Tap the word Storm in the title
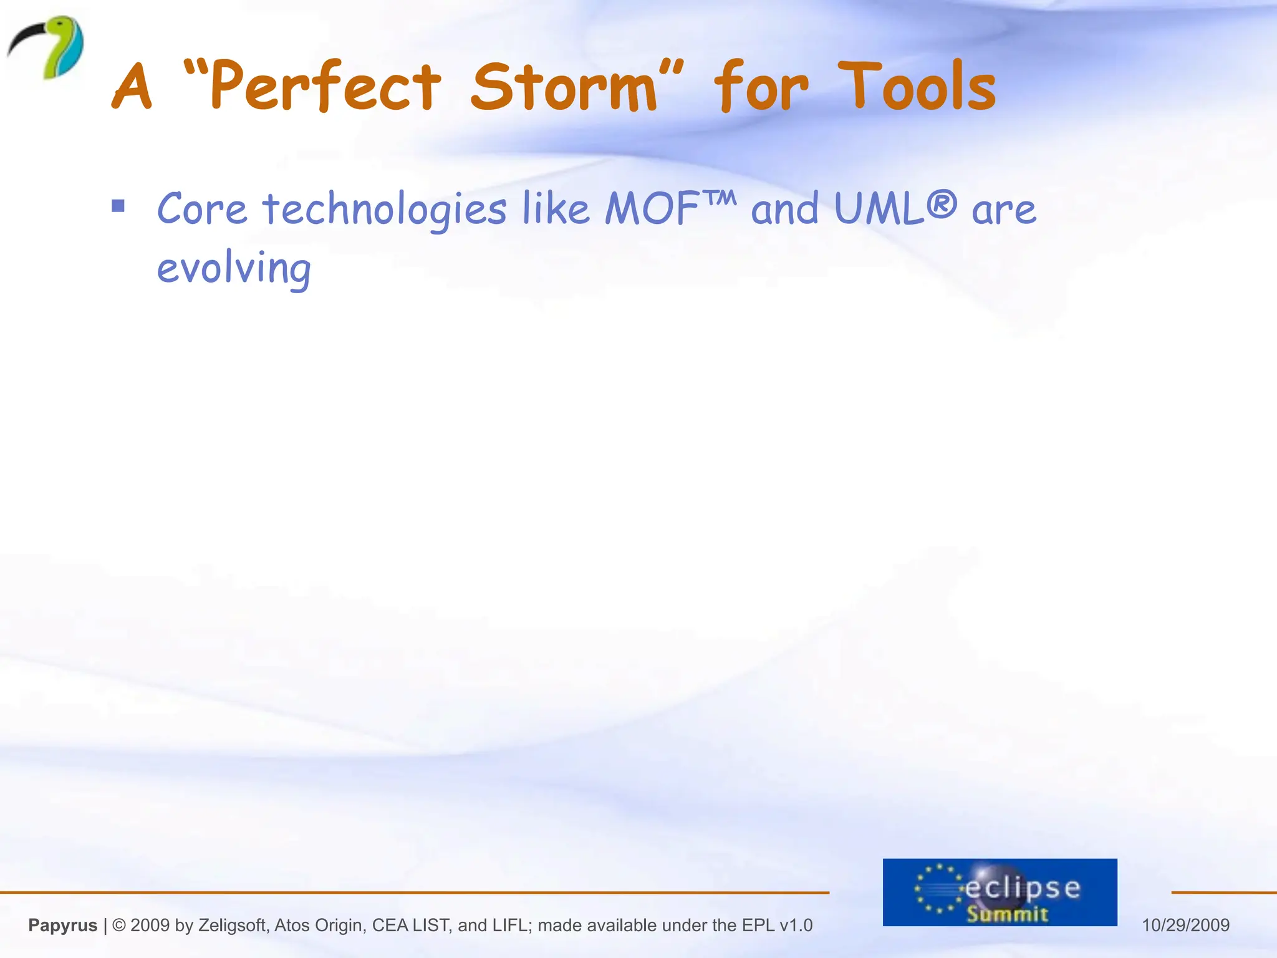[564, 87]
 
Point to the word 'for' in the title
[761, 87]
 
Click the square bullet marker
[118, 206]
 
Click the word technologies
[384, 210]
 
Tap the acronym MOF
[652, 208]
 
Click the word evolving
[234, 268]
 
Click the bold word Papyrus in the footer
[63, 925]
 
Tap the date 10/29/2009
[1185, 925]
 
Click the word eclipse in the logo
[1023, 887]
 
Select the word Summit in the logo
[1007, 914]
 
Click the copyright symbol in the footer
[119, 925]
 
